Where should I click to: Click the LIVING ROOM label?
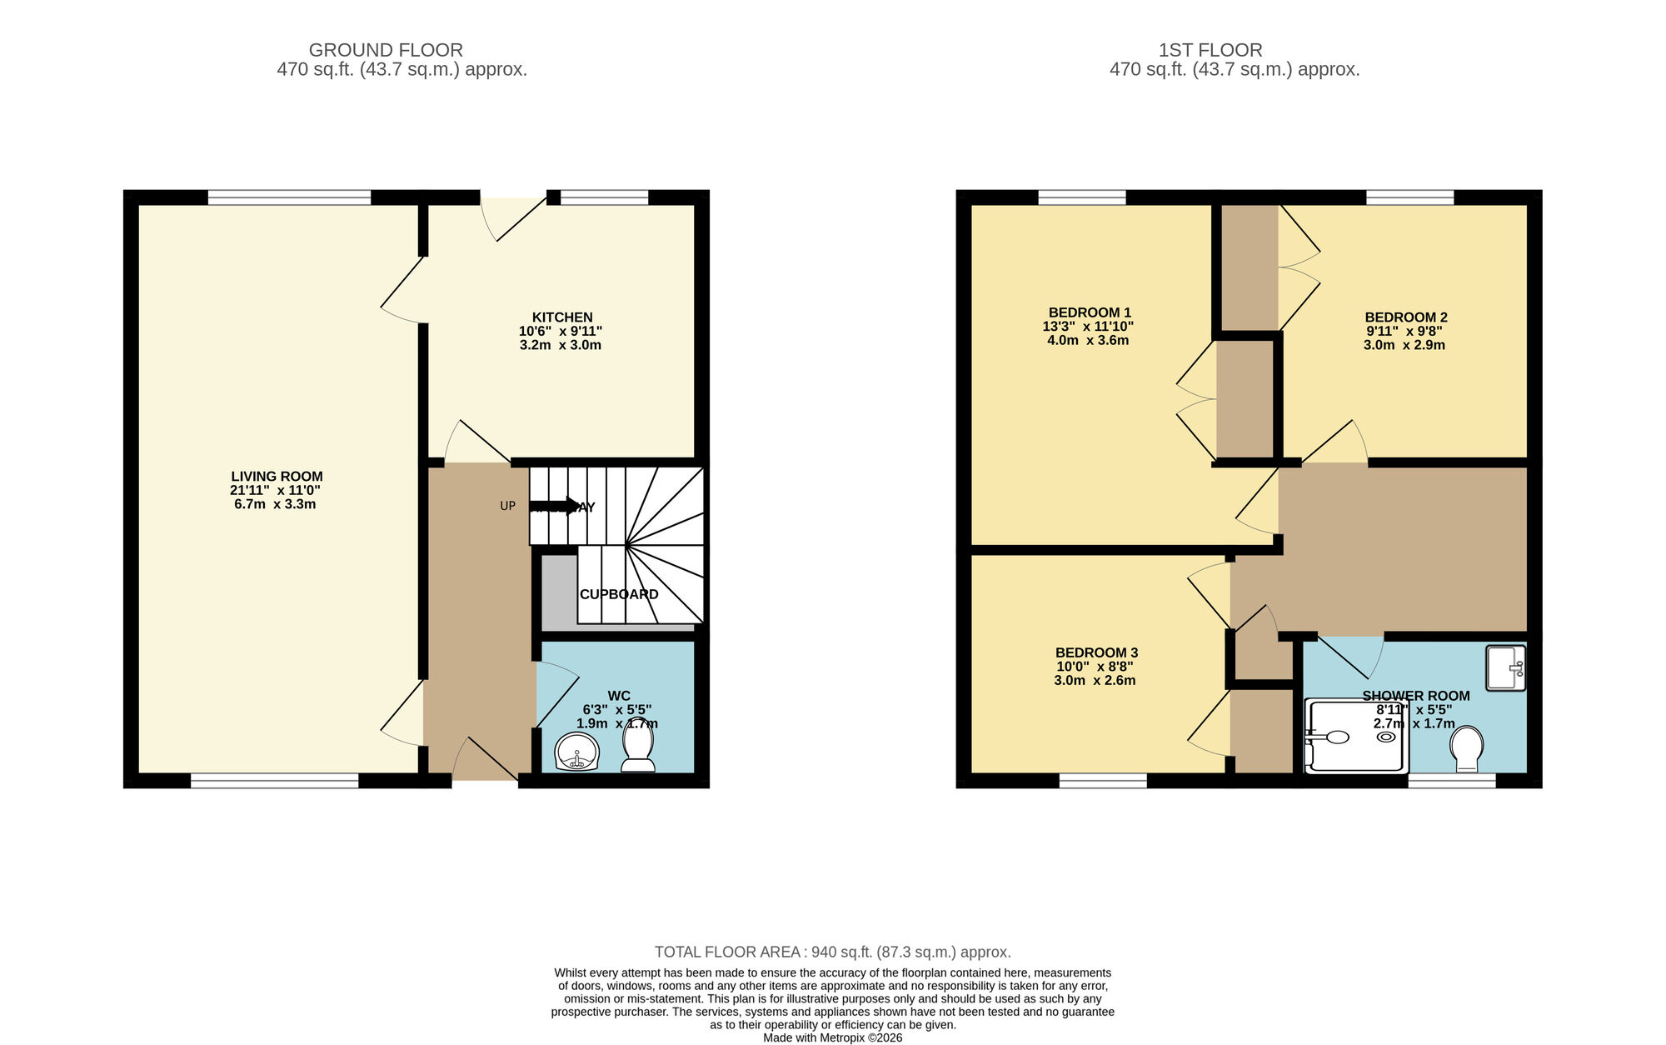[277, 477]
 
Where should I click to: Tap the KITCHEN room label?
[562, 317]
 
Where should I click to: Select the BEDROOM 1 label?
[1090, 312]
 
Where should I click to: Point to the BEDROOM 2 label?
[1406, 317]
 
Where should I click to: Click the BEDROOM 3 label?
[1096, 652]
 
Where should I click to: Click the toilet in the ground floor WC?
[638, 747]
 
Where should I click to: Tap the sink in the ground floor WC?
[576, 752]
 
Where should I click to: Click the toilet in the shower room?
[1466, 748]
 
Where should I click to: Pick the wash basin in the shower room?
[1505, 667]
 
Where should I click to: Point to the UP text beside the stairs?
[507, 506]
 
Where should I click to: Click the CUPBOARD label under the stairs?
[619, 594]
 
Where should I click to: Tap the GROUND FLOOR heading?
[386, 50]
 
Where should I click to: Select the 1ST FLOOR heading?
[1210, 50]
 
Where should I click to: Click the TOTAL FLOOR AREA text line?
[832, 952]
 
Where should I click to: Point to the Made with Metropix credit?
[832, 1037]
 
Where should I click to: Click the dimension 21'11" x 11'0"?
[276, 491]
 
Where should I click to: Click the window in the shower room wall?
[1451, 781]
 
